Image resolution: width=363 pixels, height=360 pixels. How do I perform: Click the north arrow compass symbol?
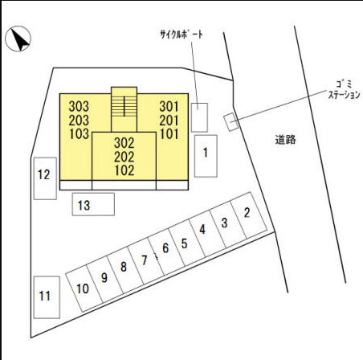click(18, 39)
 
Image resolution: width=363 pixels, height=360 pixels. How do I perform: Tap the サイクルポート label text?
click(181, 35)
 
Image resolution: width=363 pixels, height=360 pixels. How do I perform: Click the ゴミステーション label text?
click(344, 90)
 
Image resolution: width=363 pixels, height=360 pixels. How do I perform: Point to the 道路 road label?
click(286, 140)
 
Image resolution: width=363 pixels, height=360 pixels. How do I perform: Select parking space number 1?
click(206, 156)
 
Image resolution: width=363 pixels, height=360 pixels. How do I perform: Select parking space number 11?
click(47, 297)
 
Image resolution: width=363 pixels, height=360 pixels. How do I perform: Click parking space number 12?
click(45, 178)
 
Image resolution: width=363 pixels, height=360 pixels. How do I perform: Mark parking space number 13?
click(93, 204)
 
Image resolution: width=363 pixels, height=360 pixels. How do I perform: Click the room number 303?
click(79, 106)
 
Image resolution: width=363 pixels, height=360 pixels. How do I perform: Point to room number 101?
click(169, 134)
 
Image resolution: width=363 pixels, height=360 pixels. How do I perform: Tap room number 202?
click(124, 157)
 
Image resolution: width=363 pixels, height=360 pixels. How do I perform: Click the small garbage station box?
click(231, 122)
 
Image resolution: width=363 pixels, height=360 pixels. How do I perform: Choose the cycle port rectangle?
click(199, 117)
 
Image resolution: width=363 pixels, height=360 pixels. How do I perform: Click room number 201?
click(169, 121)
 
